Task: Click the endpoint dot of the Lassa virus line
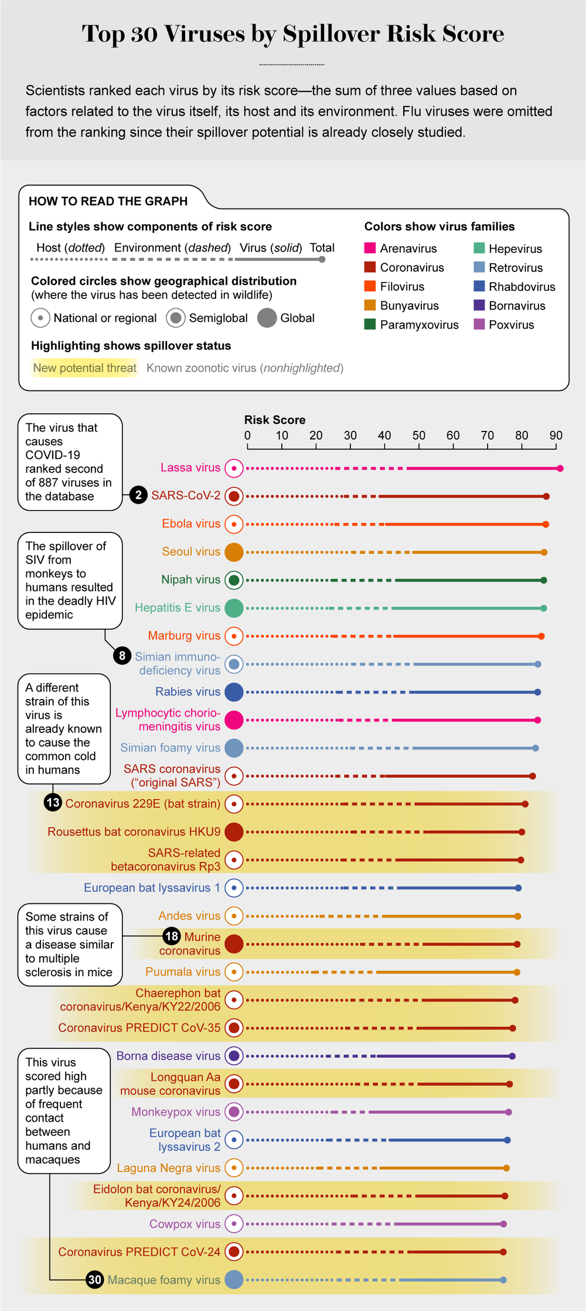(x=560, y=468)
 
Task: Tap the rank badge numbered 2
(x=138, y=495)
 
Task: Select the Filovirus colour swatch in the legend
(x=370, y=286)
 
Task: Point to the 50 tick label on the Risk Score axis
(x=418, y=436)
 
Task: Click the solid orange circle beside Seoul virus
(x=234, y=552)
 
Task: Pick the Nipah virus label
(x=190, y=579)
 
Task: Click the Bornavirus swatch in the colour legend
(x=479, y=305)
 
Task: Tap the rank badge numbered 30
(x=95, y=1279)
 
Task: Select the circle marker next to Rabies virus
(x=234, y=692)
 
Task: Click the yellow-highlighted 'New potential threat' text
(x=85, y=368)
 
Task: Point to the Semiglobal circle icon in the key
(x=176, y=318)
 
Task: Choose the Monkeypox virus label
(x=175, y=1112)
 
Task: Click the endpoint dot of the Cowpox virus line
(x=503, y=1224)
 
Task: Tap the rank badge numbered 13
(x=53, y=802)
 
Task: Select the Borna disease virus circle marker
(x=234, y=1056)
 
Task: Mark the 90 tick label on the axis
(x=556, y=436)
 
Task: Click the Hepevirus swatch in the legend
(x=479, y=248)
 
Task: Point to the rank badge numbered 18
(x=171, y=936)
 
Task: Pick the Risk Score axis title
(x=274, y=420)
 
